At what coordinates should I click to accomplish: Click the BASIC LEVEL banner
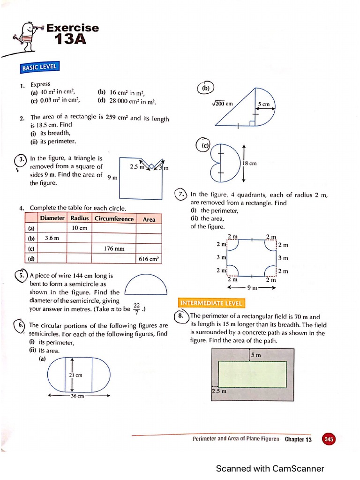[x=40, y=67]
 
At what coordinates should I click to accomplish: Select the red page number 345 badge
[x=329, y=439]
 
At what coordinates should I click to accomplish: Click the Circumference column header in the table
[x=114, y=219]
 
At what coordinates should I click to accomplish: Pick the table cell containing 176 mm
[x=114, y=248]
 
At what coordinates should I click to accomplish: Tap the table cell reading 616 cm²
[x=149, y=258]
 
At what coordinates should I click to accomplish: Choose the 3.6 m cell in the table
[x=52, y=238]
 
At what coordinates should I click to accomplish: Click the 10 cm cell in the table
[x=79, y=228]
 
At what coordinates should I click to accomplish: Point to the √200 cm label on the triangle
[x=223, y=104]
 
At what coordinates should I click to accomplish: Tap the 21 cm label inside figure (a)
[x=76, y=375]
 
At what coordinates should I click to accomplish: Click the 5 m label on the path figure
[x=255, y=355]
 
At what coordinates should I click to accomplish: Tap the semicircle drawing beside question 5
[x=146, y=285]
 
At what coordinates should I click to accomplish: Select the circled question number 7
[x=181, y=194]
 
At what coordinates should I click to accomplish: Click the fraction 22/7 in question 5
[x=136, y=308]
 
